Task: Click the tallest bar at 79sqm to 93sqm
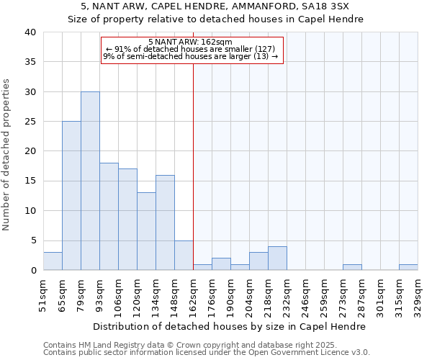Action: pos(90,181)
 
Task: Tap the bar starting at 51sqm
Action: pos(53,261)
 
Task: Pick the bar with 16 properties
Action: pos(165,222)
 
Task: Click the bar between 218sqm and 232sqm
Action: pos(277,258)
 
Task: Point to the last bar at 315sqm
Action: pos(408,267)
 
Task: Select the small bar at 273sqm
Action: pos(352,267)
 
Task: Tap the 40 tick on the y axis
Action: pos(30,32)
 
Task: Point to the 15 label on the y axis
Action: pos(30,181)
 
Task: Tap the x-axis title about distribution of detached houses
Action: pos(230,326)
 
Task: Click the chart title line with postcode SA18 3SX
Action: pos(216,6)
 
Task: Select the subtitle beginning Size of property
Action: pos(216,19)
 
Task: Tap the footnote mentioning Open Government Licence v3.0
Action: pos(207,352)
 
